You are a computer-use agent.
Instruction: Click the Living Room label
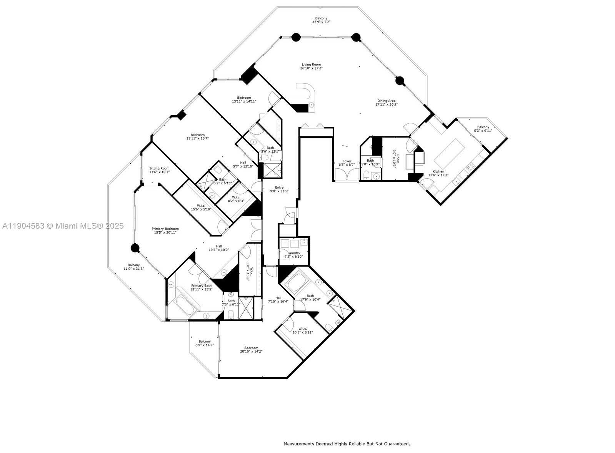click(311, 65)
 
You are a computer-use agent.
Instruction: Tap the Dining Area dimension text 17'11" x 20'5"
click(386, 105)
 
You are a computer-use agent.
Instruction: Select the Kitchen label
click(438, 171)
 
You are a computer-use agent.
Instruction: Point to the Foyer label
click(347, 161)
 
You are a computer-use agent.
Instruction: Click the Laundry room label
click(293, 253)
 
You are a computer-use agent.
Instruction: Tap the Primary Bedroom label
click(165, 229)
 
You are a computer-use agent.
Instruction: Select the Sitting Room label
click(159, 168)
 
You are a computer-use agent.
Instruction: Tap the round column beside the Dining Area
click(400, 81)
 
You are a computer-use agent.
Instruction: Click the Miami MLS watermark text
click(63, 226)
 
